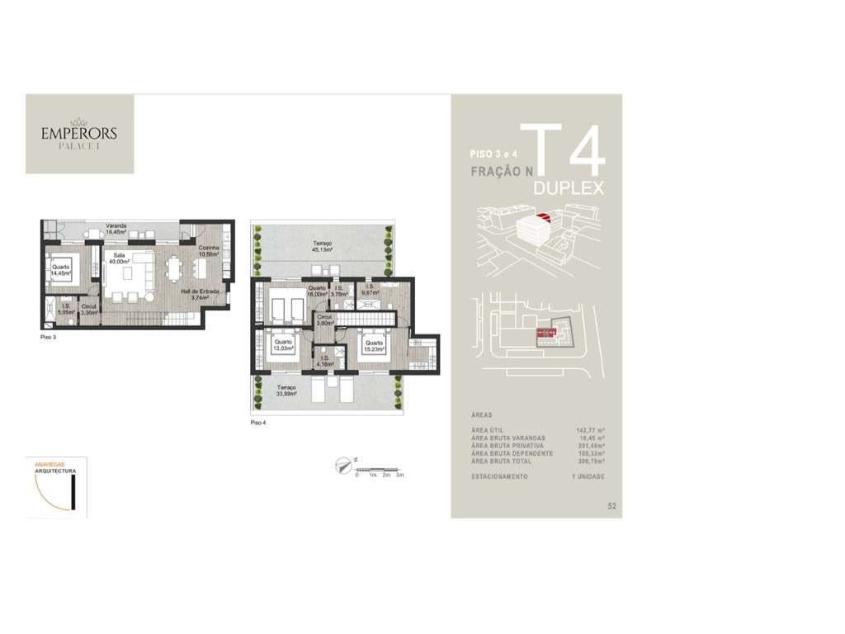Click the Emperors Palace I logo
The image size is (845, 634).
tap(79, 134)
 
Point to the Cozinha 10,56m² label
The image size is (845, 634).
tap(208, 251)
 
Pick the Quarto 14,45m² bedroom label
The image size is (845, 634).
tap(61, 269)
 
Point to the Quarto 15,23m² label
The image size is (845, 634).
tap(374, 346)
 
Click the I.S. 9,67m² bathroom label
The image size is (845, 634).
tap(371, 290)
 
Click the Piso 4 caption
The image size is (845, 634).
tap(259, 422)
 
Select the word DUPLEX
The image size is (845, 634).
tap(569, 188)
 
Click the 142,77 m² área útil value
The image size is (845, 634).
tap(590, 431)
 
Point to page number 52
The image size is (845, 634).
tap(611, 505)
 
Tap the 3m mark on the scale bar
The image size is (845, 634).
tap(399, 476)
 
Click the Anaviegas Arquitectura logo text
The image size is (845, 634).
tap(55, 467)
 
